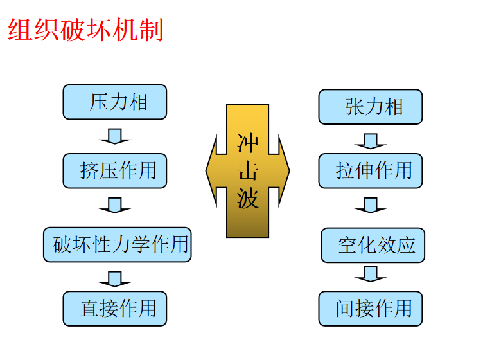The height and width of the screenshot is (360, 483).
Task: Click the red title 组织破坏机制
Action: point(85,30)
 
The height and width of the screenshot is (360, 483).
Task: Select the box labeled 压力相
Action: point(115,102)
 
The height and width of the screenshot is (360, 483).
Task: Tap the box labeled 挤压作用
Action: point(115,170)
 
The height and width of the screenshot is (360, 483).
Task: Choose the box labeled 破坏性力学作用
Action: point(118,244)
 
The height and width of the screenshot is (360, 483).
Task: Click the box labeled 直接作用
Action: point(115,309)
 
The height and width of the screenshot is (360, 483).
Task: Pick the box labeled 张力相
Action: point(371,107)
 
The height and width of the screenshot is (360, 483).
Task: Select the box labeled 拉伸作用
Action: point(371,170)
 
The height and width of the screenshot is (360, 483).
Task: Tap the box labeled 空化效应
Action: point(373,244)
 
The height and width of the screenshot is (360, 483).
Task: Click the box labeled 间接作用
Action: point(371,309)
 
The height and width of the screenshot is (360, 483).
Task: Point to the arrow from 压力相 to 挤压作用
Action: point(115,136)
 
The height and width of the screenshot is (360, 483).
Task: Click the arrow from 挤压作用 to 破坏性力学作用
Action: point(115,205)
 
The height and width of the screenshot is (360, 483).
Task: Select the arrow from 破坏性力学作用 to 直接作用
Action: point(115,278)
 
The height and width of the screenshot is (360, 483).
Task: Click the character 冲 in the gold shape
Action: point(248,143)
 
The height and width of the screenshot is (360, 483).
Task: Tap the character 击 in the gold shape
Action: point(248,171)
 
